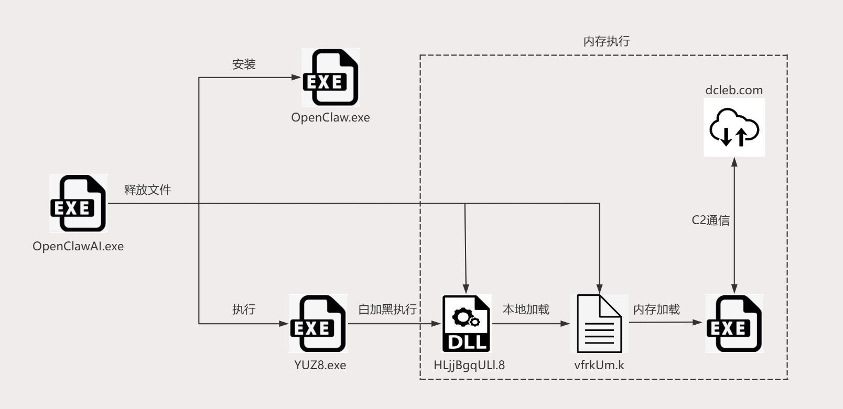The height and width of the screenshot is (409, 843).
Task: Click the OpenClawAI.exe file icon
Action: [x=78, y=203]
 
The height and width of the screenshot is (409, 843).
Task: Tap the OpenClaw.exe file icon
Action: [x=330, y=78]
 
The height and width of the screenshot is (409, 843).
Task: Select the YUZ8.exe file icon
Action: [x=318, y=323]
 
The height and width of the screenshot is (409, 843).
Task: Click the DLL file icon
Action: [x=466, y=323]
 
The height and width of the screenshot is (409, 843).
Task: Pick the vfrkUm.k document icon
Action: [x=599, y=323]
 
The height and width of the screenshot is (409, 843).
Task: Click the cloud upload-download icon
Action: [x=734, y=127]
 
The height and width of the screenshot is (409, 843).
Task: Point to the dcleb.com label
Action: [x=734, y=90]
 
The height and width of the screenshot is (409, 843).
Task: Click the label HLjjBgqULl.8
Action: [x=469, y=365]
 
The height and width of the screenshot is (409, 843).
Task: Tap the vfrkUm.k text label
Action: [x=599, y=365]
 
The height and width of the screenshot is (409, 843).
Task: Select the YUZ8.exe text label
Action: [x=320, y=365]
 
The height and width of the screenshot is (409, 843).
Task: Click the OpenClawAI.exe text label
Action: [x=78, y=246]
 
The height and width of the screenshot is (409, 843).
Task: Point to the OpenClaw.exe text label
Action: [x=330, y=117]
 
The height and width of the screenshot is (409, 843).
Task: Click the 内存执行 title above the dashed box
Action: [x=607, y=41]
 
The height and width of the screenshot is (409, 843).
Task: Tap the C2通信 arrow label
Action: [x=710, y=220]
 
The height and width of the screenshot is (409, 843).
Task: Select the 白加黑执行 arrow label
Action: [x=387, y=309]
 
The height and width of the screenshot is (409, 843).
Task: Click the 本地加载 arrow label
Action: [x=526, y=309]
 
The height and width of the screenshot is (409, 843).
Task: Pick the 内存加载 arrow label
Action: [x=656, y=309]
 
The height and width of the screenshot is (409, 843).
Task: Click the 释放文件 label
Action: [x=147, y=190]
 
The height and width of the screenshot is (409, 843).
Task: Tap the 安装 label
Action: [x=244, y=64]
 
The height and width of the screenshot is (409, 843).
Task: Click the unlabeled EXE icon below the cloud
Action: [x=734, y=323]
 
